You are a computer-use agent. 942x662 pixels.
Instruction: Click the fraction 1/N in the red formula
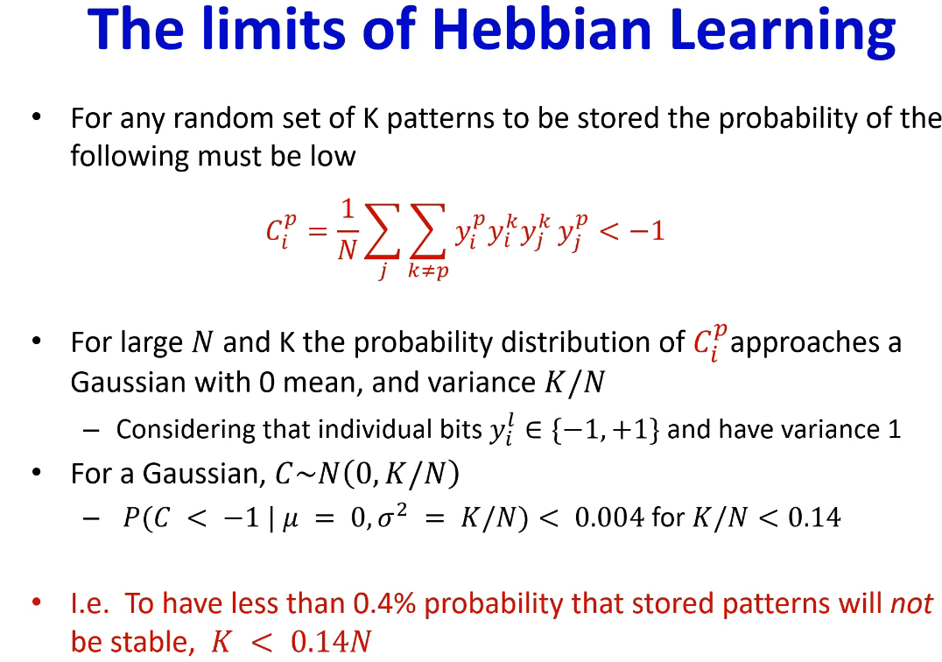[348, 230]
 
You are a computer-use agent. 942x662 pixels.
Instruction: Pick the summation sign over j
[382, 230]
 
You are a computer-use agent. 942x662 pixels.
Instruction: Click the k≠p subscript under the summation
[428, 271]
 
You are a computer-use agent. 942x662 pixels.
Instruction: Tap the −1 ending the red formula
[646, 230]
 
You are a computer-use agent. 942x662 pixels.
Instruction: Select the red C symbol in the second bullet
[709, 343]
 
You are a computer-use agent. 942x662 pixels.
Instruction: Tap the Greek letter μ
[290, 519]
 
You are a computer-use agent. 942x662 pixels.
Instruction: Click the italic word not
[911, 603]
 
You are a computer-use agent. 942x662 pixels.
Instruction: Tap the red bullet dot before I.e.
[37, 602]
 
